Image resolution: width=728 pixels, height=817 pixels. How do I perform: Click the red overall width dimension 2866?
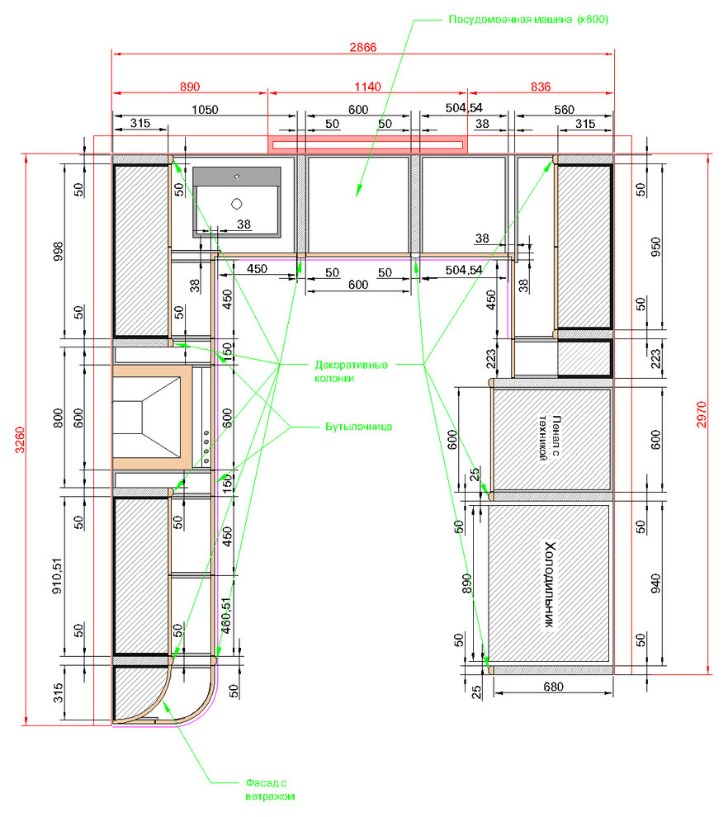click(362, 47)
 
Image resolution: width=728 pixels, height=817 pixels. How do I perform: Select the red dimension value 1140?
click(367, 87)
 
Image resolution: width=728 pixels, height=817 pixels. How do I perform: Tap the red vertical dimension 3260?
click(19, 440)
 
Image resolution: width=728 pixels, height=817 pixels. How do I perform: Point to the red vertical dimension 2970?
click(702, 414)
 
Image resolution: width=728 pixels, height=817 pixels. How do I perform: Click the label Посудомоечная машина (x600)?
click(528, 20)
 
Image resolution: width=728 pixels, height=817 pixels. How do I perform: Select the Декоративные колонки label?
click(351, 371)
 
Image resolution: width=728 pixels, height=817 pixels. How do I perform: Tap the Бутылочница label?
click(358, 427)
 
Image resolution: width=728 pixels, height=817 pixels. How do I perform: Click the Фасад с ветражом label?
click(270, 790)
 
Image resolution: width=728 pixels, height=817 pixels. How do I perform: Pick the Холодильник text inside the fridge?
click(550, 584)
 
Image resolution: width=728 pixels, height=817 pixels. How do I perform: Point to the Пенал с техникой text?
click(550, 437)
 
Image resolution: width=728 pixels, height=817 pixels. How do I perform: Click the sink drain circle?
click(237, 204)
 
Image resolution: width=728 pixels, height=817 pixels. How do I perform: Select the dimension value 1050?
click(205, 110)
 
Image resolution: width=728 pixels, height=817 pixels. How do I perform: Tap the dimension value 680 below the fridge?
click(553, 687)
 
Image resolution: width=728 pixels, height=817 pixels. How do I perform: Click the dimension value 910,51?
click(57, 575)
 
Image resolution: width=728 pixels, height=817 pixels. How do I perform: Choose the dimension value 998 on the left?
click(58, 251)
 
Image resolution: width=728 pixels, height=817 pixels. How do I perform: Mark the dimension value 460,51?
click(226, 616)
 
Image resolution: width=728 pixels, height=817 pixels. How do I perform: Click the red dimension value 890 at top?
click(190, 87)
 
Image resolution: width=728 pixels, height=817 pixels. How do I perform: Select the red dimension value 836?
click(541, 87)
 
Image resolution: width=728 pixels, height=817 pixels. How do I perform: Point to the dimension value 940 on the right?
click(655, 583)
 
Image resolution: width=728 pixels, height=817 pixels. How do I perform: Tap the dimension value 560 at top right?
click(564, 110)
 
